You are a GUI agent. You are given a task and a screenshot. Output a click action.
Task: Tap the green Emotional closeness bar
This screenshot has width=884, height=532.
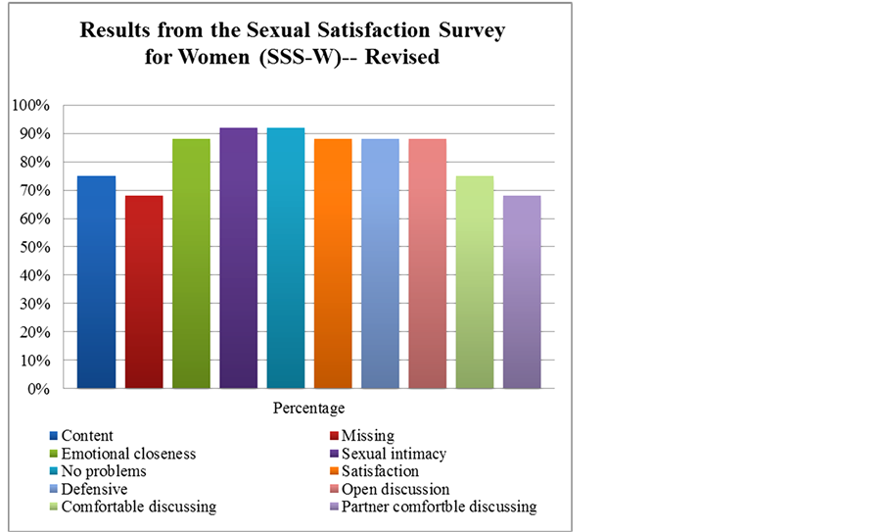coord(191,264)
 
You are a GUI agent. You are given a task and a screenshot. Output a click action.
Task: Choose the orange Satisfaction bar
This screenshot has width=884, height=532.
coord(333,264)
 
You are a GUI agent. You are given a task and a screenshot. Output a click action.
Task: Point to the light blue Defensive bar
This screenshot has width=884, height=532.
coord(380,264)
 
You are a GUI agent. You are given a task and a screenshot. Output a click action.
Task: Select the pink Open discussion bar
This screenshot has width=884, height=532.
coord(428,264)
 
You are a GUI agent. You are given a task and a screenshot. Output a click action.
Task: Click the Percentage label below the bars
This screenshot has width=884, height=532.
coord(309,406)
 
